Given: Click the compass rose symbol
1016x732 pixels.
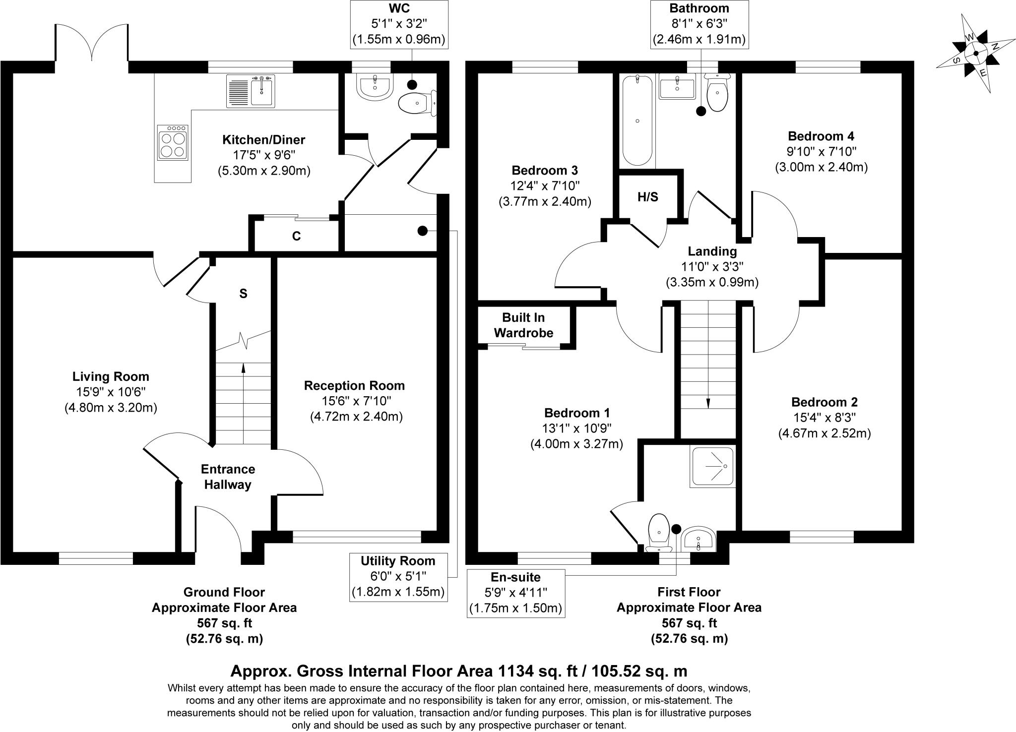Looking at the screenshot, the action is [x=975, y=54].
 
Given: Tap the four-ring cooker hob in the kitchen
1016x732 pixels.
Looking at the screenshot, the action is [x=173, y=142].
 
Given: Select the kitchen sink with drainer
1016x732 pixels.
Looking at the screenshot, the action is [x=251, y=91].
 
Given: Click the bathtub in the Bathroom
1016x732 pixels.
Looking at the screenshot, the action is [x=637, y=120].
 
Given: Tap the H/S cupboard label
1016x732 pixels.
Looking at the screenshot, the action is [x=647, y=197].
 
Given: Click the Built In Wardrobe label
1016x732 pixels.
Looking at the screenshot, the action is [x=523, y=325].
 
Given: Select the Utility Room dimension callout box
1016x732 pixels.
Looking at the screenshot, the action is [x=398, y=577].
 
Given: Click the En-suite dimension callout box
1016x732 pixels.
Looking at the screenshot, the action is [x=516, y=593].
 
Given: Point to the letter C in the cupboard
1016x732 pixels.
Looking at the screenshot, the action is [x=296, y=237].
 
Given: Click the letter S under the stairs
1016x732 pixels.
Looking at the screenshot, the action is [x=243, y=294].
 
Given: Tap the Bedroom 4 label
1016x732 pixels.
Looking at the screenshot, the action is [x=821, y=136].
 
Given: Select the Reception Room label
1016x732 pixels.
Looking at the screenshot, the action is [x=354, y=385].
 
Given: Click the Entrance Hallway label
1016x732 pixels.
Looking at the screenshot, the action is [x=228, y=477].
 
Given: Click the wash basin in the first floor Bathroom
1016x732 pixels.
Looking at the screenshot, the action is [x=677, y=88].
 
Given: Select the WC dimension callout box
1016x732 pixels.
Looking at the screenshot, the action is [x=399, y=24].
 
